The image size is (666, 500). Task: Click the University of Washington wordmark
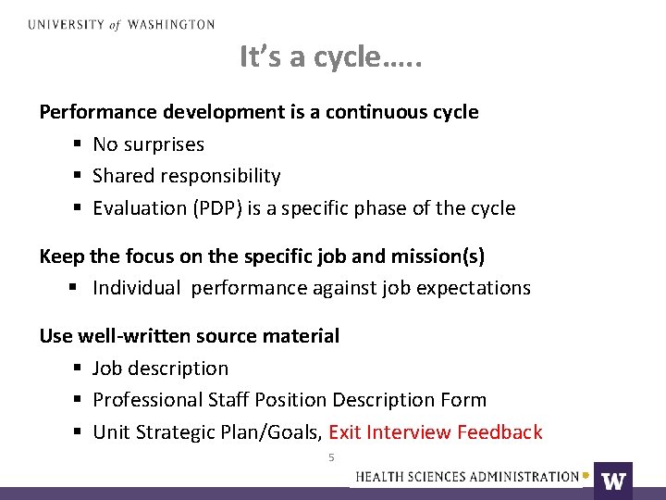coord(121,25)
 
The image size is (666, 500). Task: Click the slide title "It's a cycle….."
coord(330,57)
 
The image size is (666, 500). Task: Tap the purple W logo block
coord(613,480)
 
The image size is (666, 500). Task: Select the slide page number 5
coord(331,457)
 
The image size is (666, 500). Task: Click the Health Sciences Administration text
coord(467,477)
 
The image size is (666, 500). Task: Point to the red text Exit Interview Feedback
coord(435,431)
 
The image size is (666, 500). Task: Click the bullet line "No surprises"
coord(148,144)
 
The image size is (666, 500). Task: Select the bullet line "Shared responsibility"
coord(186,176)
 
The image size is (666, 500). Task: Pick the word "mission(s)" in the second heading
coord(439,256)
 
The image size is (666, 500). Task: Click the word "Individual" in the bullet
coord(137,288)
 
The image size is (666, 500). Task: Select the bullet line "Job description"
coord(160,369)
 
